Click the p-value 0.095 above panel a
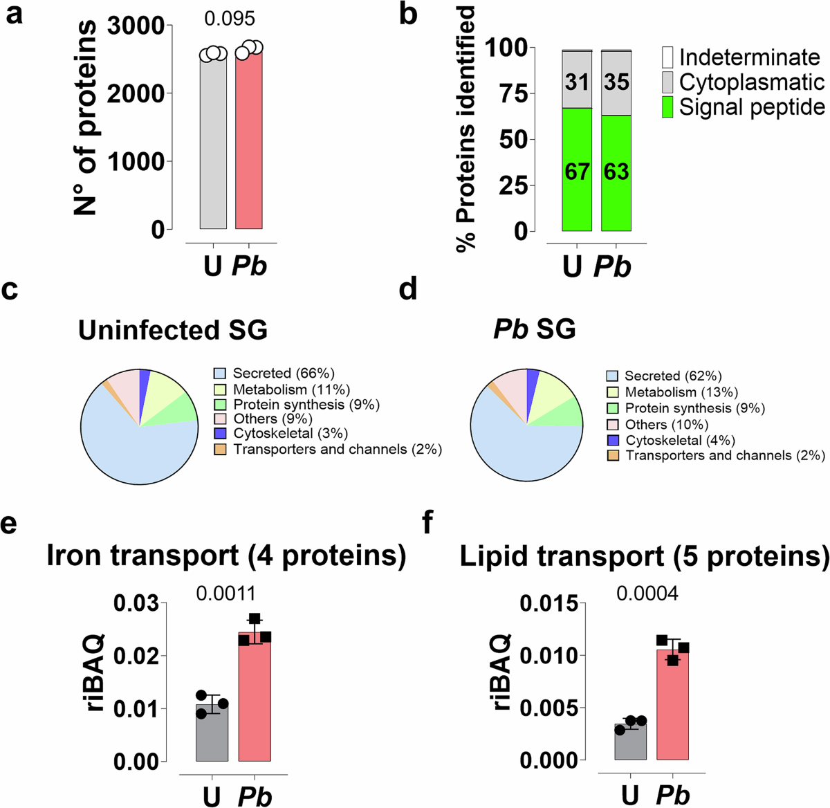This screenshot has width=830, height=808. (x=230, y=19)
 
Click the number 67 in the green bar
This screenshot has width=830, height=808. (x=577, y=171)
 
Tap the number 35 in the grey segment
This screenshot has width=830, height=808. (x=616, y=82)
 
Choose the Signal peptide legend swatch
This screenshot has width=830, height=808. (x=667, y=107)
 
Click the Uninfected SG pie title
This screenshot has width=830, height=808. (x=173, y=330)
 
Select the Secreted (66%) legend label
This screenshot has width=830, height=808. (x=283, y=374)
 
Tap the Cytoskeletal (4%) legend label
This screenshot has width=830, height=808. (x=680, y=441)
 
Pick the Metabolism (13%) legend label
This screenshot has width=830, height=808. (x=681, y=392)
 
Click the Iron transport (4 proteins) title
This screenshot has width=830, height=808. (x=226, y=556)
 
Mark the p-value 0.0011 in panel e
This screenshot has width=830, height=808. (x=225, y=594)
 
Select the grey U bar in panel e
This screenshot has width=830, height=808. (x=212, y=737)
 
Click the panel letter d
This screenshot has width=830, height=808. (x=408, y=289)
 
